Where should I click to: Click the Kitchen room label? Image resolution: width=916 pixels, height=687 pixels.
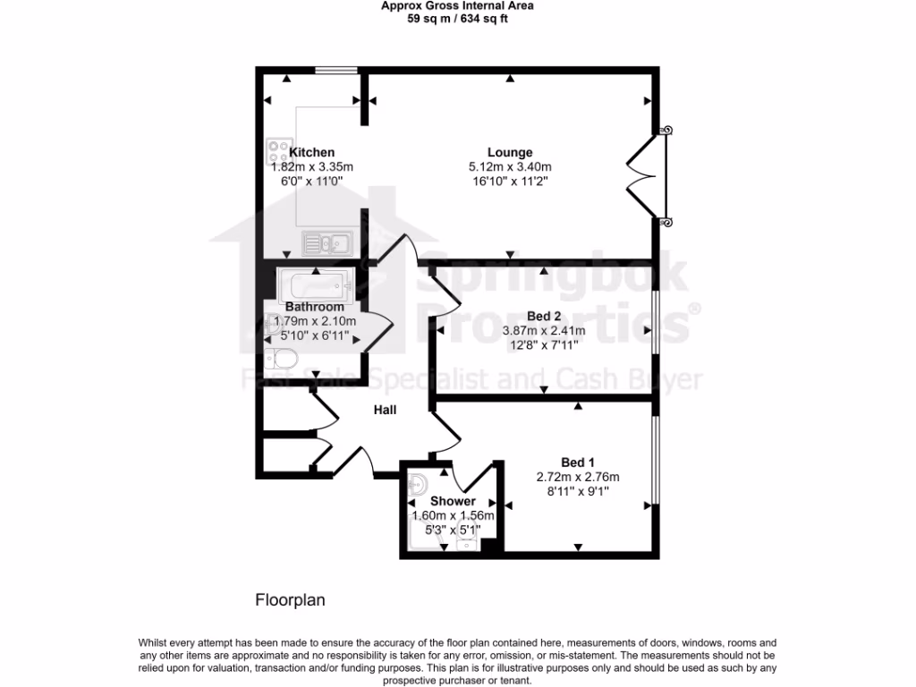click(x=311, y=152)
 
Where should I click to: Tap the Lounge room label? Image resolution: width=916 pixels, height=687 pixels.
click(x=510, y=152)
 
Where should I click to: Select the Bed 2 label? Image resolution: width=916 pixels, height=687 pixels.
click(x=544, y=316)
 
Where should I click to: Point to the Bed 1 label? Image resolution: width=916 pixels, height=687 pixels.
click(x=578, y=462)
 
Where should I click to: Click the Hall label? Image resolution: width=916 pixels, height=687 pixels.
click(x=385, y=410)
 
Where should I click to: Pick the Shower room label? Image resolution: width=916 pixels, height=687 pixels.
click(x=453, y=501)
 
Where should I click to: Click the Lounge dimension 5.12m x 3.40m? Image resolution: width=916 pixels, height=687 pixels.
click(x=510, y=166)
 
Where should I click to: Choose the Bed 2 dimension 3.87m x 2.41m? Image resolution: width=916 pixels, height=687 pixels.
click(x=544, y=330)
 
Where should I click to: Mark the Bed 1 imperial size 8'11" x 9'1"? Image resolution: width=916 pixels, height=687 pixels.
click(x=578, y=490)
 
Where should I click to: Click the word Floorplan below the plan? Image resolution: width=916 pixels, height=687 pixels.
click(x=291, y=600)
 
